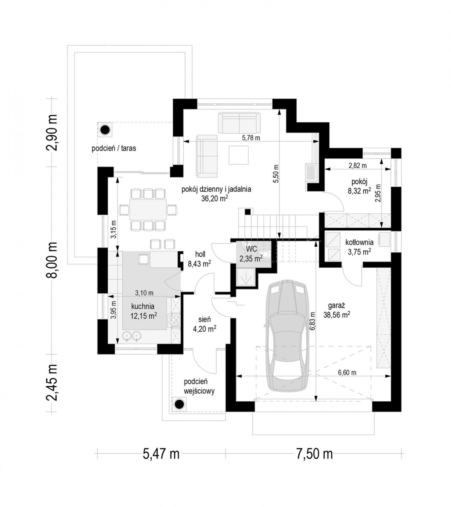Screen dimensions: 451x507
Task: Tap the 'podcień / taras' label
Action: pyautogui.click(x=114, y=148)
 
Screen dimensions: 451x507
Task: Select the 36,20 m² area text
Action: pyautogui.click(x=215, y=199)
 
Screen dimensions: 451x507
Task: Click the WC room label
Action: pyautogui.click(x=251, y=249)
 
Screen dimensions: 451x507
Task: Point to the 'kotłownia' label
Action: pyautogui.click(x=359, y=242)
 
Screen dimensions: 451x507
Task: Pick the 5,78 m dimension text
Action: pyautogui.click(x=251, y=138)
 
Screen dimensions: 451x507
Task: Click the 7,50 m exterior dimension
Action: pyautogui.click(x=315, y=454)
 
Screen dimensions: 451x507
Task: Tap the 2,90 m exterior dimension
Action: pyautogui.click(x=52, y=133)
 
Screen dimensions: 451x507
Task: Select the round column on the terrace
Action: pyautogui.click(x=105, y=130)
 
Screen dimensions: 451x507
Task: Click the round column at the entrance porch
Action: pyautogui.click(x=179, y=404)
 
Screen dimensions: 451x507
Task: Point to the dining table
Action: pyautogui.click(x=148, y=210)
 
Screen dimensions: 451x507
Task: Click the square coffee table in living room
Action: pyautogui.click(x=239, y=155)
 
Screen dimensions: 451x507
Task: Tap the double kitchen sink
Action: pyautogui.click(x=132, y=336)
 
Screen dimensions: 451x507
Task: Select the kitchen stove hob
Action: pyautogui.click(x=174, y=321)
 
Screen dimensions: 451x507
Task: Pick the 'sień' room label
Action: pyautogui.click(x=205, y=319)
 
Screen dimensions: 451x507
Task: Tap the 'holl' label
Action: pyautogui.click(x=200, y=254)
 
